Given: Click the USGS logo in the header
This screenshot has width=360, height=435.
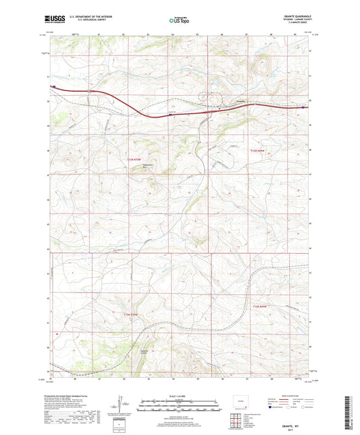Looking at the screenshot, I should tap(55, 20).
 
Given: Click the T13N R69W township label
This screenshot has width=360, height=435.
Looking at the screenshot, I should tap(259, 149).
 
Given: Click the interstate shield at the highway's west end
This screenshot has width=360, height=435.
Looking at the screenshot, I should tap(51, 86).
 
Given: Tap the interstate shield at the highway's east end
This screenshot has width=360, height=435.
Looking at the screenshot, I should tap(309, 106).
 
